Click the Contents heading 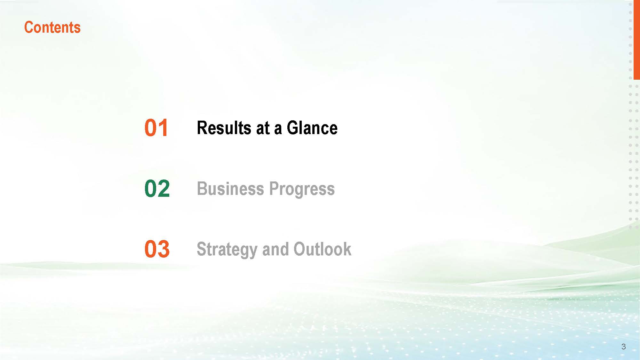[x=52, y=28]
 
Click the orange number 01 [x=156, y=128]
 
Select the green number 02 [x=157, y=188]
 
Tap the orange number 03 [x=157, y=249]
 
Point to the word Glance [x=312, y=128]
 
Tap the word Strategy [x=227, y=250]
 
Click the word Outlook [x=322, y=249]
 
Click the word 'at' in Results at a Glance [x=263, y=128]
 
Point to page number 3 [x=623, y=347]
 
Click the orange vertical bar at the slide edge [x=636, y=40]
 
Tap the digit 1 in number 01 [x=163, y=128]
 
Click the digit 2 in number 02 [x=164, y=188]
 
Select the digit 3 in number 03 [x=164, y=249]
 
